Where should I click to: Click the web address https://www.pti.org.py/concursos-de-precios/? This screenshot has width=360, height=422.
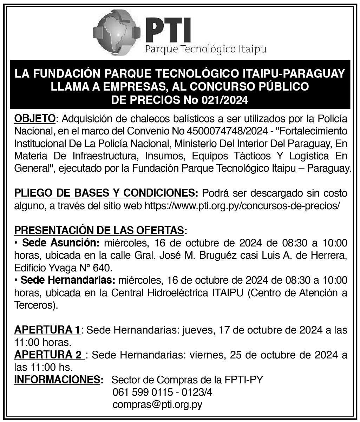[242, 206]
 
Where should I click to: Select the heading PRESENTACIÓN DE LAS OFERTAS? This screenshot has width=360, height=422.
[99, 231]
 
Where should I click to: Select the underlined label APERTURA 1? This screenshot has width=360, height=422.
[47, 330]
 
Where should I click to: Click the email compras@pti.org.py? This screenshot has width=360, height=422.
[157, 404]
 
